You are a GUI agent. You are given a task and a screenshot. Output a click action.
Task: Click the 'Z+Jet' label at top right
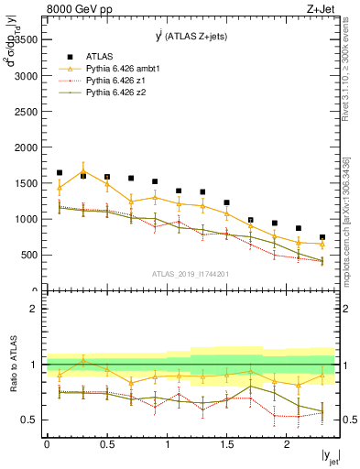click(x=318, y=9)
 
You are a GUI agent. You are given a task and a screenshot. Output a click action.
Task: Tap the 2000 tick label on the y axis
click(x=27, y=147)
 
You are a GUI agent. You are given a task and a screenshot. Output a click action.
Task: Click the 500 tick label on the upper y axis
click(x=30, y=254)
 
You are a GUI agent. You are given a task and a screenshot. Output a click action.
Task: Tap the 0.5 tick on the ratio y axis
click(x=32, y=420)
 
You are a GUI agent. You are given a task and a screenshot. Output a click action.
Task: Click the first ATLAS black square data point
click(x=60, y=172)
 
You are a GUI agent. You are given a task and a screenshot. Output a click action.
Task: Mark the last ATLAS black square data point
click(x=322, y=237)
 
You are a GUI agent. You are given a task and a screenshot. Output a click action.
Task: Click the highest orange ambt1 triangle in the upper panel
click(x=83, y=171)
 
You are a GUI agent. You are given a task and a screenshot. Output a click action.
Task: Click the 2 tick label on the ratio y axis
click(x=35, y=309)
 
